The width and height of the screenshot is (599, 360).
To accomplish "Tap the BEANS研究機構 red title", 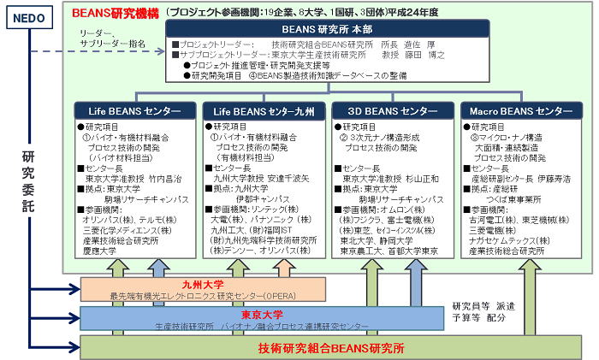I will pyautogui.click(x=116, y=13).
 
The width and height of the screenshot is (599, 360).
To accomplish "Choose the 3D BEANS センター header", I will pyautogui.click(x=393, y=112).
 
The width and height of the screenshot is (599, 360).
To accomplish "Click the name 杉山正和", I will pyautogui.click(x=418, y=179).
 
